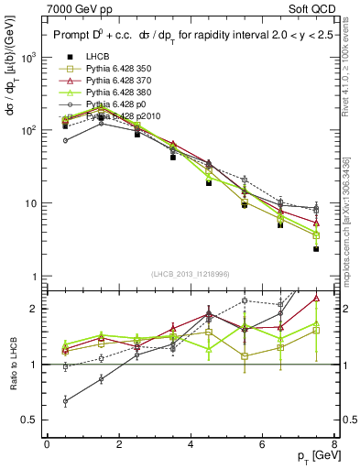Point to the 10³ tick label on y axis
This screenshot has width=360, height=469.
tap(28, 57)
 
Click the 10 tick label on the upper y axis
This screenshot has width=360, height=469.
tap(31, 203)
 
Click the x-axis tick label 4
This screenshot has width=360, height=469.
tap(191, 443)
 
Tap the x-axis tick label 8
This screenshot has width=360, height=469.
tap(334, 443)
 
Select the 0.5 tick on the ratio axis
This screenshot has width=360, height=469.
tap(30, 420)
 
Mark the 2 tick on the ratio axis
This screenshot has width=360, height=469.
tap(34, 309)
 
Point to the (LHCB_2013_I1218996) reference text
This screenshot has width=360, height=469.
tap(191, 275)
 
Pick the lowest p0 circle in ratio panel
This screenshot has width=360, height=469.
tap(65, 400)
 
